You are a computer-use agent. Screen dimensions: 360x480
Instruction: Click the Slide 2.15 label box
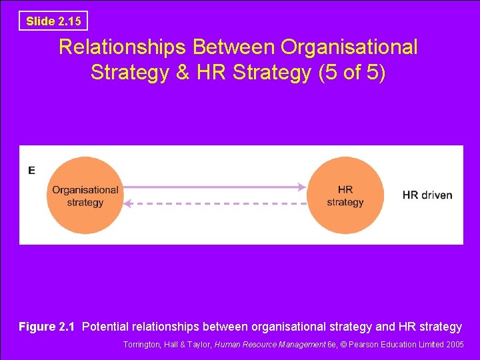point(53,21)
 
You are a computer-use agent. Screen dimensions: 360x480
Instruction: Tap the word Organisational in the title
point(349,47)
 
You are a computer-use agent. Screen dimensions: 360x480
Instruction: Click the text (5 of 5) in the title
point(351,72)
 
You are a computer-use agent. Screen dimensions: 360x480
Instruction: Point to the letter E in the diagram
point(31,171)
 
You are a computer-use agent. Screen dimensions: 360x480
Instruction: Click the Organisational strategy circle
point(85,195)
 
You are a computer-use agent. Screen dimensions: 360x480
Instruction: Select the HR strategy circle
point(345,195)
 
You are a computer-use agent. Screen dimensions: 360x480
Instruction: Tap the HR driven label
point(427,195)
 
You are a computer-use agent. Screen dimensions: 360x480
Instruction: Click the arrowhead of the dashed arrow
point(129,203)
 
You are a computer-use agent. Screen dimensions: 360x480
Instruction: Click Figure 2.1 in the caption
point(47,327)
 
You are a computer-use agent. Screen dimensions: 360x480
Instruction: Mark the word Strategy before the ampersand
point(130,72)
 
